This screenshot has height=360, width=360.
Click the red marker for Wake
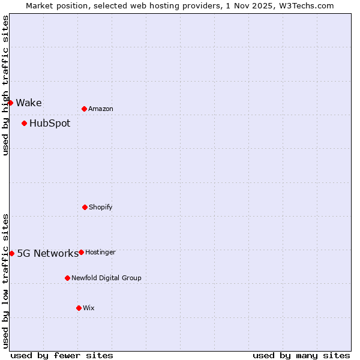10,103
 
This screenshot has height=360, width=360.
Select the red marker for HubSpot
24,123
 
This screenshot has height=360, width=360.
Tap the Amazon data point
84,109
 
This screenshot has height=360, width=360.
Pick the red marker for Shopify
85,207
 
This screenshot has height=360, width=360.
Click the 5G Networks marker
11,253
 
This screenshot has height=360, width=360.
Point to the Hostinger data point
81,252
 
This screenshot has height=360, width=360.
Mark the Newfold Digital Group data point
67,278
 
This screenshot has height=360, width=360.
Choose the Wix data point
79,308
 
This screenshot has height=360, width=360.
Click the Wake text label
29,103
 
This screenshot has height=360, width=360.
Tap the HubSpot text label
50,124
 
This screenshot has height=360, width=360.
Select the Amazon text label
101,109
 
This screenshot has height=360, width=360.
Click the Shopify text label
101,208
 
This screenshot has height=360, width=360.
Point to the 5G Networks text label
47,253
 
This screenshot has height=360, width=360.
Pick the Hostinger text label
100,253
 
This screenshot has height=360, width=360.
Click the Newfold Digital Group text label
106,278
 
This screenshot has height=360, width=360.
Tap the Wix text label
89,308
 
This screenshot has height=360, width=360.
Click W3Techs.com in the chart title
305,5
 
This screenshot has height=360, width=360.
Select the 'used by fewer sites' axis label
62,356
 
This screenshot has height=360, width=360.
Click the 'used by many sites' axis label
301,356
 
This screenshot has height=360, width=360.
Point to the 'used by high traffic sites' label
5,86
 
